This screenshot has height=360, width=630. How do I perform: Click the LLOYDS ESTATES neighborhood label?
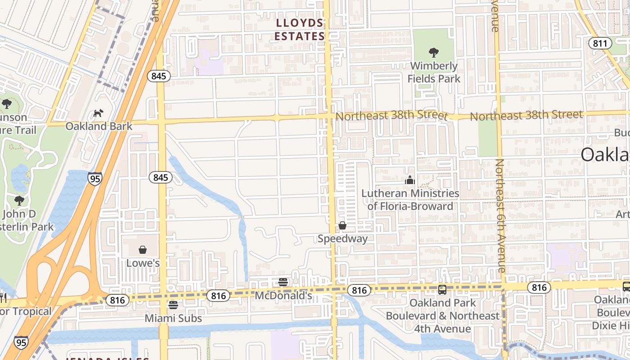click(300, 30)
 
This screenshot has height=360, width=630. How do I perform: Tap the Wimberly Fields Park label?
click(434, 72)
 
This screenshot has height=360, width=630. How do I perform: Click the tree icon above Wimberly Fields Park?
click(434, 53)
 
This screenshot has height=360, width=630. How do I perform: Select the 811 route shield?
click(600, 44)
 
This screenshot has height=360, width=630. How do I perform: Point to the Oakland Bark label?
click(99, 126)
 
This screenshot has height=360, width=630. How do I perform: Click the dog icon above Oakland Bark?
click(98, 113)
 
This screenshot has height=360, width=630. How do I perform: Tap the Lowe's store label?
click(143, 263)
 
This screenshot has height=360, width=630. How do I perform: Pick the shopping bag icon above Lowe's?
click(143, 250)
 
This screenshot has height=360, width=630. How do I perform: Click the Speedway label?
click(342, 238)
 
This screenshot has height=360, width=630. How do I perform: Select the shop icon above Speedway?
click(342, 225)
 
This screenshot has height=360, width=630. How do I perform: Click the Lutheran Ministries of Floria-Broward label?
click(410, 200)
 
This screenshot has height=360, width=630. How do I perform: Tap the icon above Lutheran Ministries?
click(409, 180)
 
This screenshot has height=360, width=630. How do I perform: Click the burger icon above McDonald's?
click(283, 283)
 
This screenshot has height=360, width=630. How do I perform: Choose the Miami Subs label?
click(173, 318)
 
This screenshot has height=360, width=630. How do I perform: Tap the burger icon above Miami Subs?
click(173, 305)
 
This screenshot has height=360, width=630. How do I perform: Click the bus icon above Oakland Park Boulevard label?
click(442, 290)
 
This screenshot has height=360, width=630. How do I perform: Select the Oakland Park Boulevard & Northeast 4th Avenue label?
click(442, 315)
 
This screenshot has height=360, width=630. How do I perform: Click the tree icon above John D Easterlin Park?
click(19, 200)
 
